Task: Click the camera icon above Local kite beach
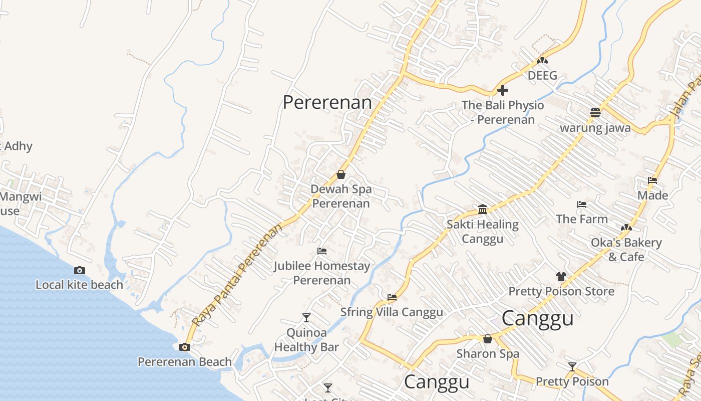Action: pyautogui.click(x=79, y=271)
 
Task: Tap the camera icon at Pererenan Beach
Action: pyautogui.click(x=185, y=347)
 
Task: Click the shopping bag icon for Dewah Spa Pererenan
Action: pyautogui.click(x=341, y=174)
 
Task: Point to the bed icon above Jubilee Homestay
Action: pyautogui.click(x=322, y=251)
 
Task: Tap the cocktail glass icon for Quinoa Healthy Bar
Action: pyautogui.click(x=306, y=317)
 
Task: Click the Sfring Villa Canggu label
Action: pyautogui.click(x=392, y=312)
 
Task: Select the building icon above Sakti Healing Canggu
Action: pyautogui.click(x=483, y=209)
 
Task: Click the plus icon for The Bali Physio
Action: pyautogui.click(x=503, y=90)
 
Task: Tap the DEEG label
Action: pyautogui.click(x=542, y=76)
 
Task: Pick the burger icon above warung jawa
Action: pyautogui.click(x=595, y=112)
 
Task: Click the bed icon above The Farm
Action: pyautogui.click(x=582, y=205)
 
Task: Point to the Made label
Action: pyautogui.click(x=652, y=195)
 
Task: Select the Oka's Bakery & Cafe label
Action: pyautogui.click(x=626, y=250)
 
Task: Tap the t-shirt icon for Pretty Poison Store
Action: pyautogui.click(x=561, y=277)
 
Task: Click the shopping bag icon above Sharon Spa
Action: pyautogui.click(x=488, y=339)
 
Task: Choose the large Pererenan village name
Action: pyautogui.click(x=327, y=102)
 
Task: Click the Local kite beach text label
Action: pyautogui.click(x=79, y=285)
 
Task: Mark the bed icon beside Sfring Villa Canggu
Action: pyautogui.click(x=392, y=297)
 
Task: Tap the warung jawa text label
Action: pyautogui.click(x=595, y=127)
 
